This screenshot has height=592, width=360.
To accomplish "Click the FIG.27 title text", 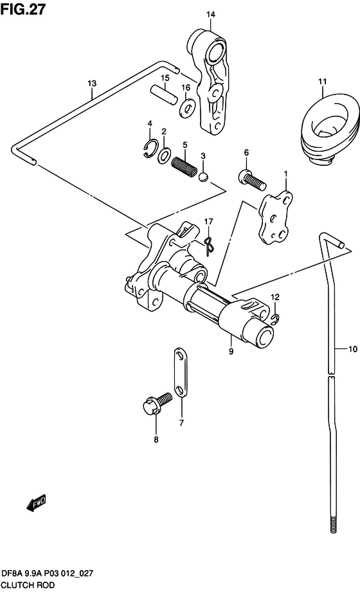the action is [23, 9].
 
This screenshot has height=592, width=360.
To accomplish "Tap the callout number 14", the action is [211, 14].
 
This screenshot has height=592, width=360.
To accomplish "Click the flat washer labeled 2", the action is [164, 155].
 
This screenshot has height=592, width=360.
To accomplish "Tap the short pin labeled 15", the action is [163, 94].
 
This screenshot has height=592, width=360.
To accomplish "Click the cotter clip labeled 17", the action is [209, 245].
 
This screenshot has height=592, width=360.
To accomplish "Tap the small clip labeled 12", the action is [275, 319].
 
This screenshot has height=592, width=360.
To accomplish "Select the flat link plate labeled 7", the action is [180, 373].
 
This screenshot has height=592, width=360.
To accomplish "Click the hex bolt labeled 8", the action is [157, 404].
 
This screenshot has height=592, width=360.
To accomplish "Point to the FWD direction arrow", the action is [37, 503].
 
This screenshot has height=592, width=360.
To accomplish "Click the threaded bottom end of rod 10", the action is [333, 522].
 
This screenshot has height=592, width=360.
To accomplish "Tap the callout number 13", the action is [92, 83].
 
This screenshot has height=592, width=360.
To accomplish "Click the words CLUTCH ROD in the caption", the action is [28, 585].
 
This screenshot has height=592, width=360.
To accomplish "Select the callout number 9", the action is [231, 351].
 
